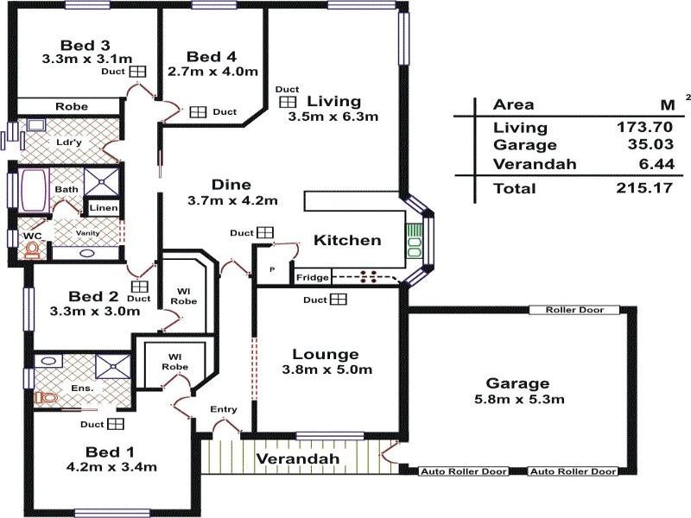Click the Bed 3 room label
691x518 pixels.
tap(85, 45)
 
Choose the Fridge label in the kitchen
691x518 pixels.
tap(311, 278)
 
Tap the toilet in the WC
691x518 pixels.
tap(33, 250)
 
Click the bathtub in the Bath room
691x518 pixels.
tap(34, 188)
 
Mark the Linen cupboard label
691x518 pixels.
tap(103, 208)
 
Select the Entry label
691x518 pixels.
tap(223, 409)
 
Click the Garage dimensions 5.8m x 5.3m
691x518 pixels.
tap(519, 400)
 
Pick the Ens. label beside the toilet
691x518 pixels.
tap(83, 389)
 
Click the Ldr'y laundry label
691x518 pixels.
tap(69, 142)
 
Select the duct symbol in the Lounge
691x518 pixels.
tap(338, 300)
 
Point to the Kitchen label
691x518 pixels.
tap(346, 240)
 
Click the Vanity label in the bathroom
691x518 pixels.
tap(87, 234)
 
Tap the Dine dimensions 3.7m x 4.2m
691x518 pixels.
tap(232, 201)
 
